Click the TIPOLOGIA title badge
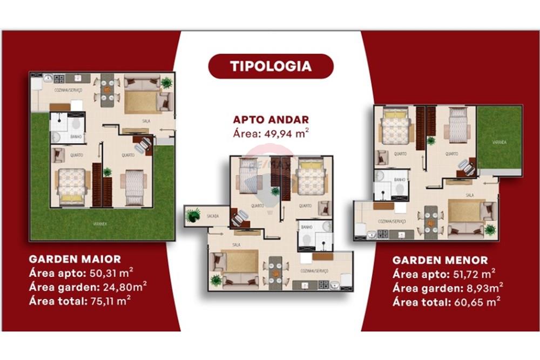coord(271,66)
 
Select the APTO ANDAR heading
coord(271,120)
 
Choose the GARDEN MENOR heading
coord(440,260)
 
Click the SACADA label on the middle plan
coord(213,216)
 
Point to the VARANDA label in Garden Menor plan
coord(499,142)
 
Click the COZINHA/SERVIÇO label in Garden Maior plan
coord(68,91)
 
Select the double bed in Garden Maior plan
coord(71,184)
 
